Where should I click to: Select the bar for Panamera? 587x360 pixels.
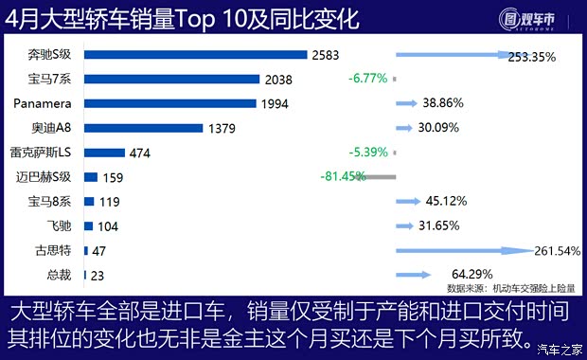point(169,103)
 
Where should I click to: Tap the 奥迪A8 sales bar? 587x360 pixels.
point(143,128)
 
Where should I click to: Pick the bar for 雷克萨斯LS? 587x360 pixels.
point(104,153)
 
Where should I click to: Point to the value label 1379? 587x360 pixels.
point(222,128)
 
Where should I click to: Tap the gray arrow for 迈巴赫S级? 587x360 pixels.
point(379,177)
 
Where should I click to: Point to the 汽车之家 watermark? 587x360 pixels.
point(558,349)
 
